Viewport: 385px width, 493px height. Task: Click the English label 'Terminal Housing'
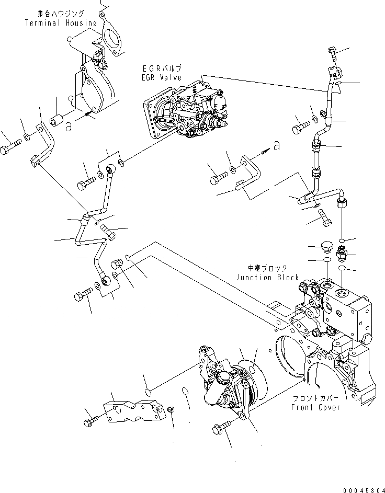[x=61, y=23]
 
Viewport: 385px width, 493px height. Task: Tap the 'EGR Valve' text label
[x=161, y=77]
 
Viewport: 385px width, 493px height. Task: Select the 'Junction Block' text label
[x=267, y=278]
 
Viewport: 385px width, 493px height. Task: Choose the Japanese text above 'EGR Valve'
[x=162, y=68]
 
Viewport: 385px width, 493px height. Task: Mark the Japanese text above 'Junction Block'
[x=267, y=269]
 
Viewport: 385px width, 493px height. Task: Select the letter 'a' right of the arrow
[x=276, y=146]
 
